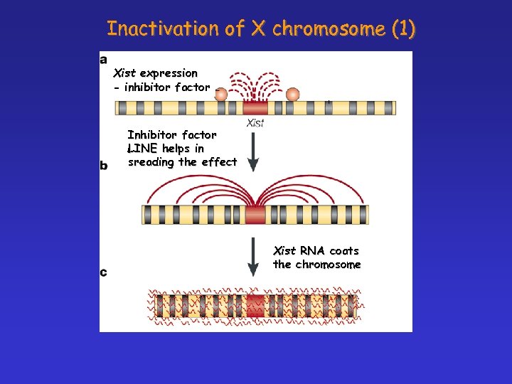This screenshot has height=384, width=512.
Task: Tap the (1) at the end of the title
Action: tap(403, 28)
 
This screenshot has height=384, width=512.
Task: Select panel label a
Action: tap(104, 59)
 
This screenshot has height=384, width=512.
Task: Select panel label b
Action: tap(104, 165)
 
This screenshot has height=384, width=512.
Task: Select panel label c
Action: tap(104, 272)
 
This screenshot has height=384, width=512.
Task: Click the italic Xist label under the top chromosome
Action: tap(255, 124)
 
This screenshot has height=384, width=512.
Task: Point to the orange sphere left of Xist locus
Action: tap(221, 94)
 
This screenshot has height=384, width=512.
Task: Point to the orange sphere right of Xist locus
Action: tap(292, 94)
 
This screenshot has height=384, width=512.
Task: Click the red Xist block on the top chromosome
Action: tap(255, 107)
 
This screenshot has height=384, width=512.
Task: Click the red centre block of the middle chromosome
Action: tap(255, 214)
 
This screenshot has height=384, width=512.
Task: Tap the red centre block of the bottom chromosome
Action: tap(255, 306)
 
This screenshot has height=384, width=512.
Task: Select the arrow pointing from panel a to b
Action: tap(254, 149)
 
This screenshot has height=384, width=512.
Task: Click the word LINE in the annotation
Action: tap(143, 149)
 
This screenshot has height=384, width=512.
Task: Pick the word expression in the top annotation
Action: tap(169, 73)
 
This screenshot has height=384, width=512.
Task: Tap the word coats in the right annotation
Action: tap(344, 251)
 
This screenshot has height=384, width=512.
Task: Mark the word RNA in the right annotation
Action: tap(312, 251)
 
